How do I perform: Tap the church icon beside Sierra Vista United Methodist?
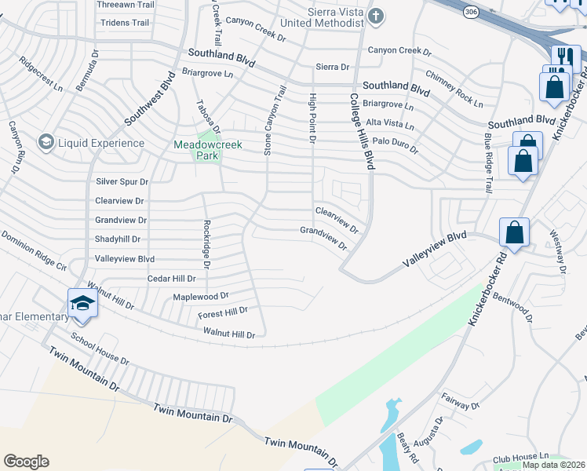point(376,16)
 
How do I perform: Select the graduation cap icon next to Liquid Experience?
point(46,142)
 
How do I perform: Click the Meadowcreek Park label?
point(208,150)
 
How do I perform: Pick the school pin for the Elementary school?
point(82,303)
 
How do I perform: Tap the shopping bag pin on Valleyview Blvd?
point(514,232)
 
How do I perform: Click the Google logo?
point(26,462)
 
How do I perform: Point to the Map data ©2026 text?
point(553,465)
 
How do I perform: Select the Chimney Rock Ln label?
point(455,88)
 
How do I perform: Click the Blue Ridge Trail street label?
point(487,162)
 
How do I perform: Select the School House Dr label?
point(100,348)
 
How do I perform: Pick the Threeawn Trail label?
point(126,5)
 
